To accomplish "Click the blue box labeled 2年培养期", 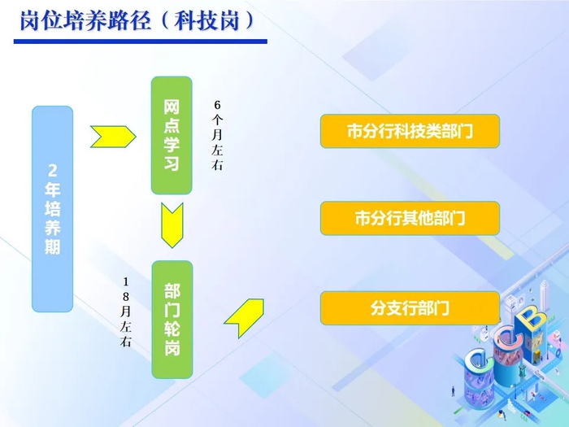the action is click(52, 208).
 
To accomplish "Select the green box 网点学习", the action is click(172, 135).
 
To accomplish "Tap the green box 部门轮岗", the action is click(172, 320).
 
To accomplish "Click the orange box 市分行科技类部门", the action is click(410, 131).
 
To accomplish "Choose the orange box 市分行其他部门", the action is click(410, 218).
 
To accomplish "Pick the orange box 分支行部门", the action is click(410, 308).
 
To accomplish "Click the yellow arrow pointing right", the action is click(112, 137).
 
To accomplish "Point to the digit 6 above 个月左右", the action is click(217, 106).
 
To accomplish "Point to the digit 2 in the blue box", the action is click(52, 172).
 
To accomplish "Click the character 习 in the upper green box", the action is click(172, 163).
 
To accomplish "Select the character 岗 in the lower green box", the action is click(172, 348).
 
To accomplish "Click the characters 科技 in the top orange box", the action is click(402, 131).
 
